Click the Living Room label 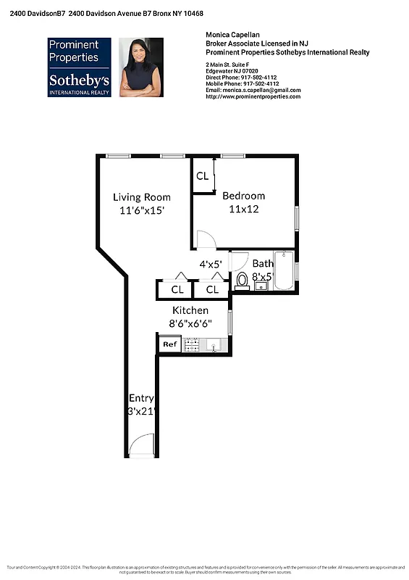(142, 197)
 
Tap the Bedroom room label (243, 196)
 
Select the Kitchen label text (190, 310)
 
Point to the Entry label (141, 398)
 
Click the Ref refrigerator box (169, 344)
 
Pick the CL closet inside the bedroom (203, 176)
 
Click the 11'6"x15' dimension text (142, 210)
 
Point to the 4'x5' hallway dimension (211, 265)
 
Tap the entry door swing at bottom (146, 444)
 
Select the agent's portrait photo (141, 67)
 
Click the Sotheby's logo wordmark (80, 80)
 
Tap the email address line (253, 90)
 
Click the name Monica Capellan (231, 36)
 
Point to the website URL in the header (253, 96)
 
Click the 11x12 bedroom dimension (244, 209)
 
